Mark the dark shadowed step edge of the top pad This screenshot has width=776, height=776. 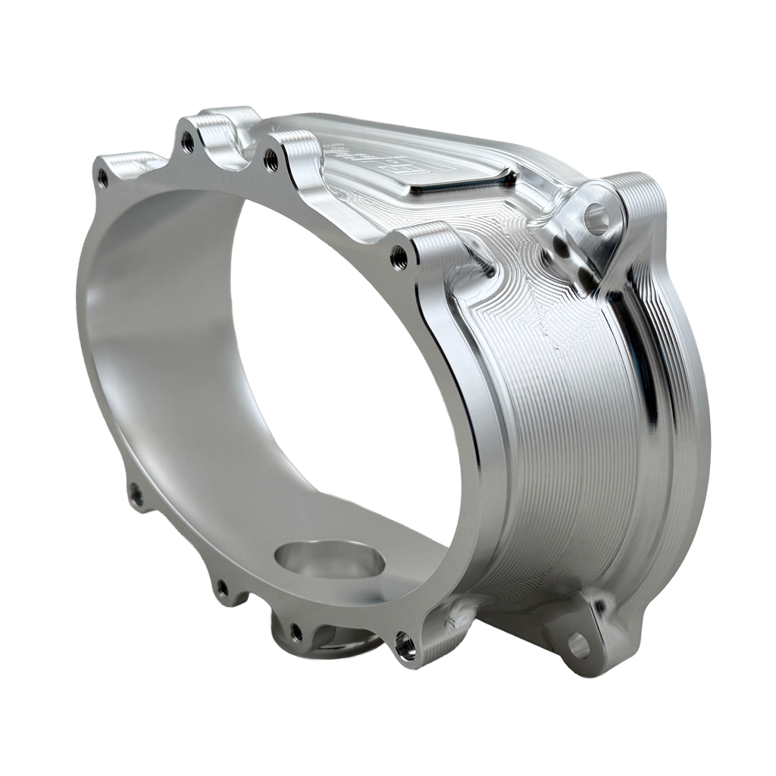pyautogui.click(x=462, y=182)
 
